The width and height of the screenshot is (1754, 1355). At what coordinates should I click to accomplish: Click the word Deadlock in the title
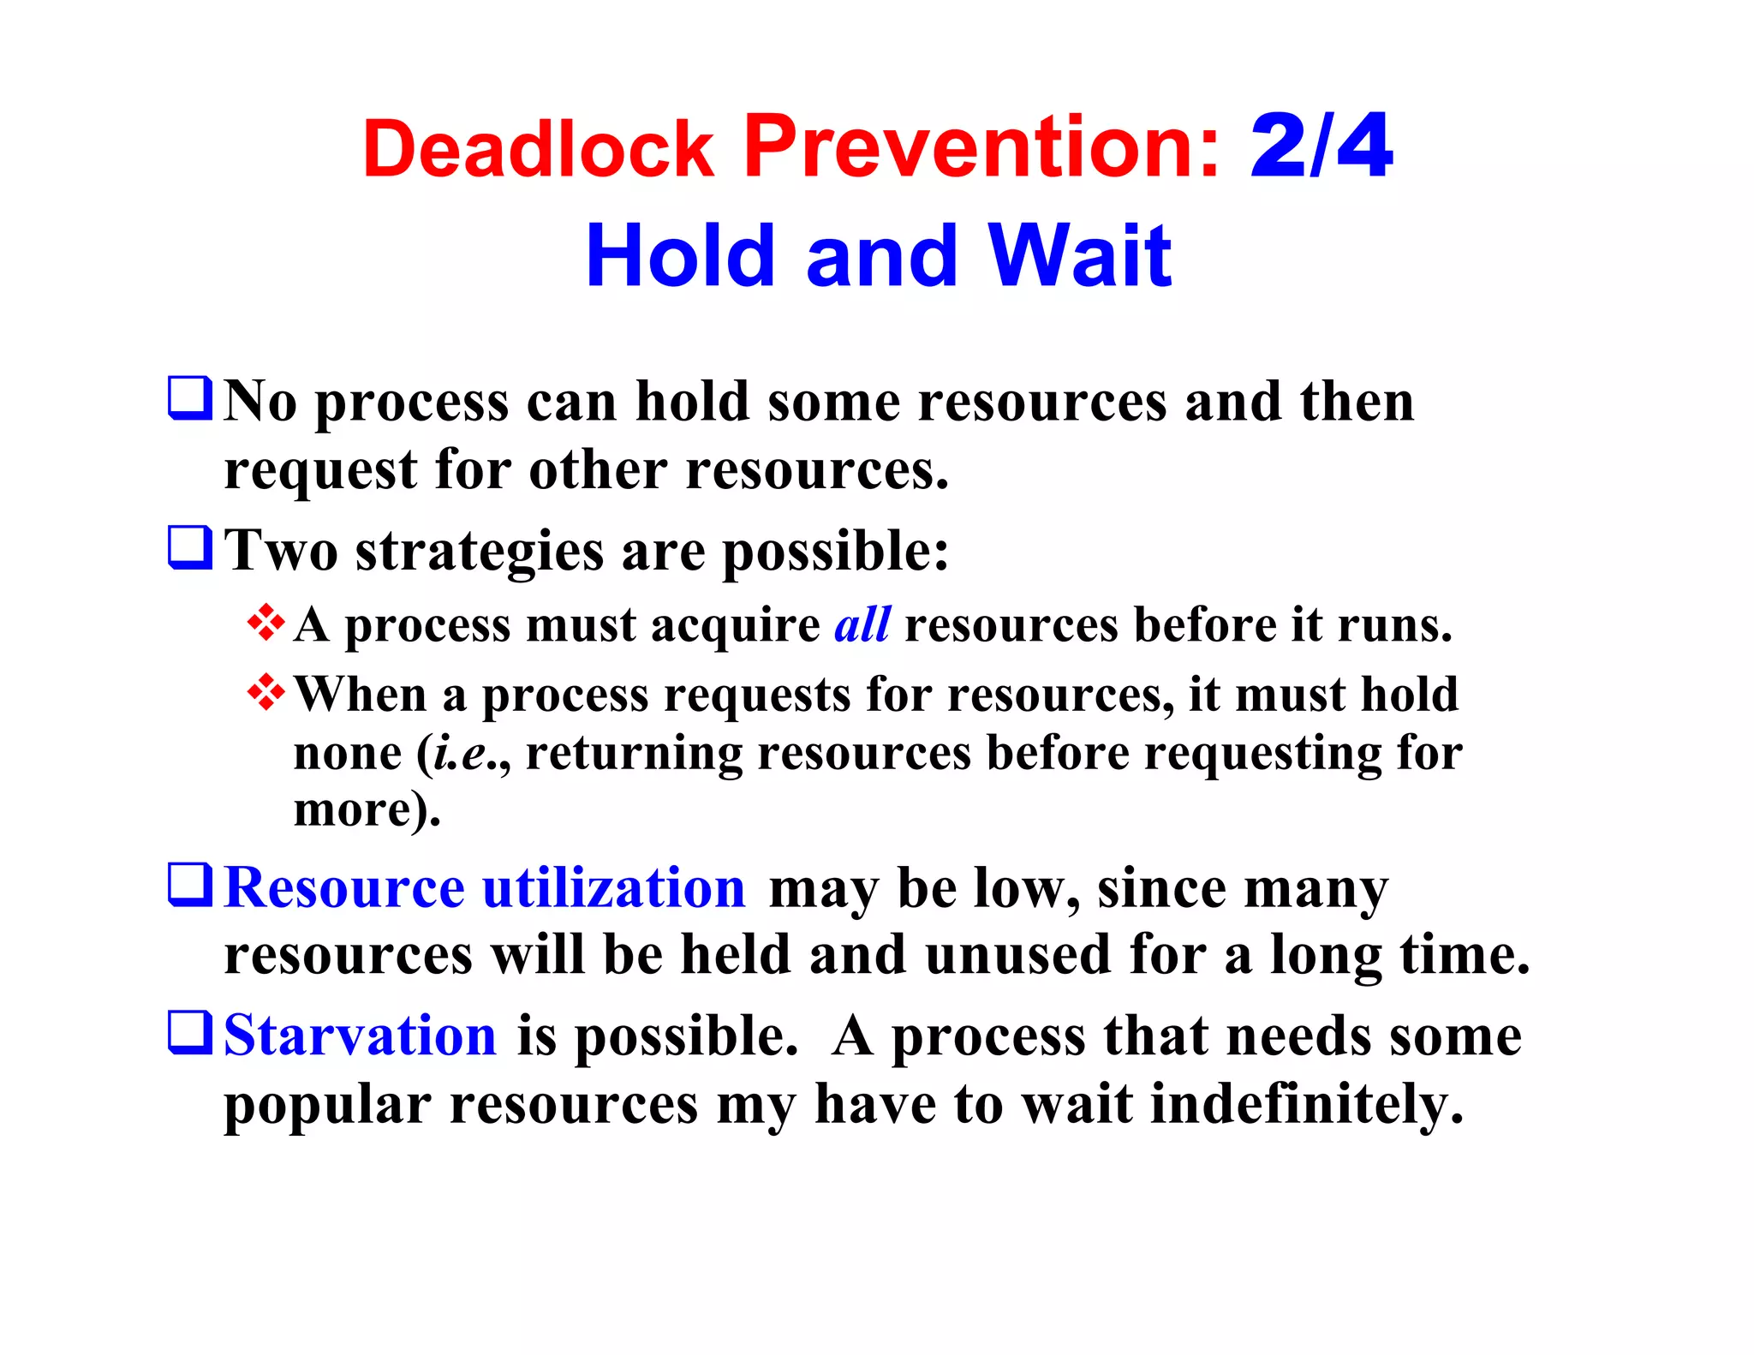point(538,149)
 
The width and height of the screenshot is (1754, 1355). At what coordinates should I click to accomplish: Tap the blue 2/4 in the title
point(1321,147)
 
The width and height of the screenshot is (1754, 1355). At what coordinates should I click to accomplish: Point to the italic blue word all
point(862,624)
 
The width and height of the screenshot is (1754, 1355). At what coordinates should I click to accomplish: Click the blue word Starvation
point(360,1036)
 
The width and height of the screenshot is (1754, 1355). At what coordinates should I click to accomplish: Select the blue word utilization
point(614,888)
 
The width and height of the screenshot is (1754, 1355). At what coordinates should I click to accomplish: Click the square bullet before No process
point(189,398)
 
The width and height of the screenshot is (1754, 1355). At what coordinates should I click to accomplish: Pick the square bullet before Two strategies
point(189,548)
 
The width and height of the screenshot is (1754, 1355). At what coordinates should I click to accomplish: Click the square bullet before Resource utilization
point(189,885)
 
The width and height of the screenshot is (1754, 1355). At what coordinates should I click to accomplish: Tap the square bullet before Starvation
point(189,1033)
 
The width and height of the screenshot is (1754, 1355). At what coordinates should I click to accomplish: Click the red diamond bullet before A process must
point(266,623)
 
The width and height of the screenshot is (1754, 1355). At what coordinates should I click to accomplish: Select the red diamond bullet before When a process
point(266,692)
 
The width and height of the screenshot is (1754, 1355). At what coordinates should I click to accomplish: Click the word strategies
point(480,552)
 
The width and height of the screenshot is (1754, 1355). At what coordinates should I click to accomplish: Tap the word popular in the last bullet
point(327,1106)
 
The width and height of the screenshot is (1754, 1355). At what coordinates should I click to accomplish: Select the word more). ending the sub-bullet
point(367,809)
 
